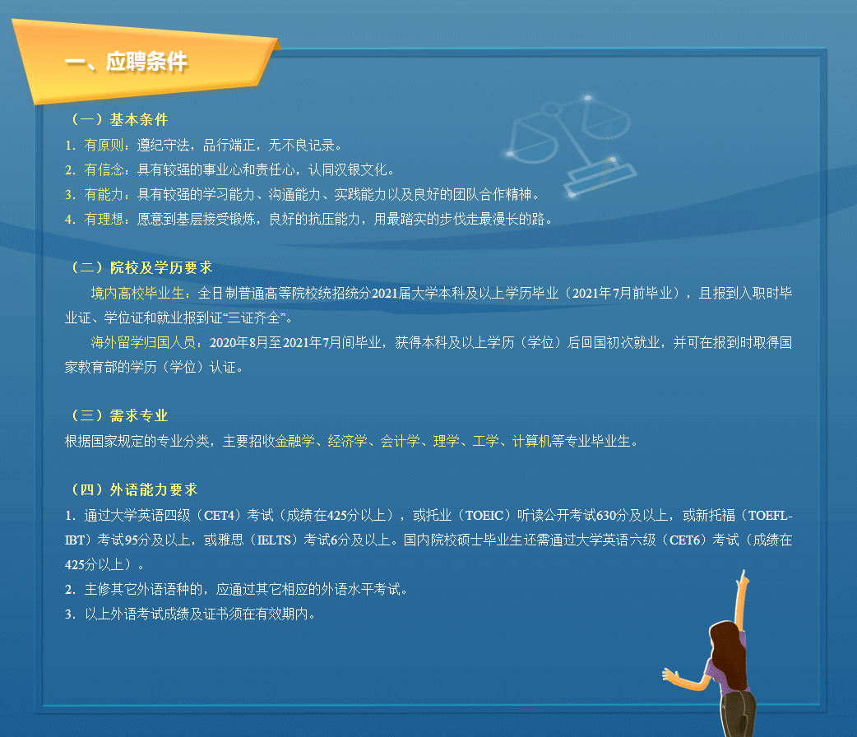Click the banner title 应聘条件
[x=146, y=61]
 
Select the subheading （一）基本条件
[x=118, y=119]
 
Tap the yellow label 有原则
[x=104, y=145]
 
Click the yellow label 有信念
[x=104, y=169]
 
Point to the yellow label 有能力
[x=104, y=194]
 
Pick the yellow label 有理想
[x=104, y=219]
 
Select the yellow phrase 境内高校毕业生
[x=137, y=293]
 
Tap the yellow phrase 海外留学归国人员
[x=143, y=342]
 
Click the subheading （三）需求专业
[x=118, y=415]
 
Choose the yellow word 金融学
[x=295, y=441]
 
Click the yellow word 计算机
[x=532, y=441]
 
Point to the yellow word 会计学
[x=400, y=441]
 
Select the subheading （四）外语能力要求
[x=133, y=489]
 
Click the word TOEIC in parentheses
[x=484, y=515]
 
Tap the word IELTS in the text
[x=274, y=540]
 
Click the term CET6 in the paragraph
[x=685, y=540]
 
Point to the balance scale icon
[x=571, y=145]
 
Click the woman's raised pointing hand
[x=742, y=580]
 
